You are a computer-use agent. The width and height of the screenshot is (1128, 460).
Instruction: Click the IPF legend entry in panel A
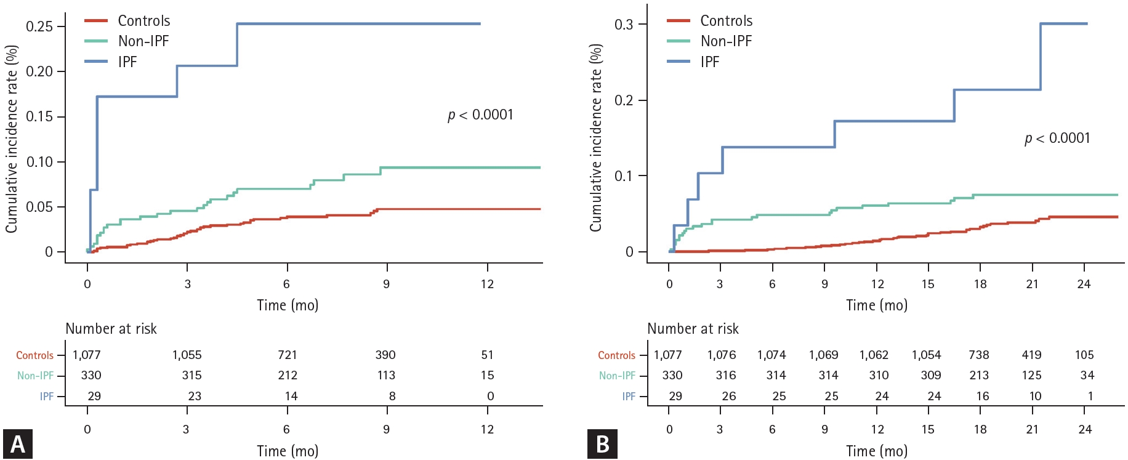click(x=127, y=62)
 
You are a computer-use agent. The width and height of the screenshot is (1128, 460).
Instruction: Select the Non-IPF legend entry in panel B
click(x=726, y=41)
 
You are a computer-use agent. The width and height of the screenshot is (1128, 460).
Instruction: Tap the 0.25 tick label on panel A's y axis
click(x=39, y=26)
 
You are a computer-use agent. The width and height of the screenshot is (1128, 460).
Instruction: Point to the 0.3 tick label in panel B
click(x=623, y=25)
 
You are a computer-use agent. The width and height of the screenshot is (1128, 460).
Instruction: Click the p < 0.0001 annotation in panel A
click(x=480, y=115)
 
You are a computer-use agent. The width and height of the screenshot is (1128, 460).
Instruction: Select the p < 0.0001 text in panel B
click(x=1057, y=138)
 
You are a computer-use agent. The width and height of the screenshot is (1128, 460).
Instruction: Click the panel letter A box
click(x=17, y=444)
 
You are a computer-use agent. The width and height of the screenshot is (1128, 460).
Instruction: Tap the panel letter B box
click(x=602, y=444)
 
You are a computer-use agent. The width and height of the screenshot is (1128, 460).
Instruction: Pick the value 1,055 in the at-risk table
click(x=187, y=355)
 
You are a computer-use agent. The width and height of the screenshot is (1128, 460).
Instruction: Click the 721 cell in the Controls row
click(x=287, y=355)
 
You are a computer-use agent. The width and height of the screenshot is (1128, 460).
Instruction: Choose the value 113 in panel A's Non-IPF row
click(x=386, y=376)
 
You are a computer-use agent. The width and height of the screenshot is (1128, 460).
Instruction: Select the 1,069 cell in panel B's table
click(x=823, y=355)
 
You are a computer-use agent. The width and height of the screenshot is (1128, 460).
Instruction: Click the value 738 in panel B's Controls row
click(x=978, y=355)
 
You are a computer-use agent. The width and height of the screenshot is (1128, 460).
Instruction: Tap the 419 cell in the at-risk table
click(x=1031, y=355)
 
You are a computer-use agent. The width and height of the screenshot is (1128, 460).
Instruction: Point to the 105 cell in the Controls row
click(x=1084, y=355)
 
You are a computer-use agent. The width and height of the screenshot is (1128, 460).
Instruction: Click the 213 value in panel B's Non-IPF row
click(x=978, y=376)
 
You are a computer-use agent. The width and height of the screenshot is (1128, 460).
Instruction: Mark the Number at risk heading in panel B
click(x=693, y=329)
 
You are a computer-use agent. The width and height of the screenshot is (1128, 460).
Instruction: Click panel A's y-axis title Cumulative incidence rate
click(x=11, y=139)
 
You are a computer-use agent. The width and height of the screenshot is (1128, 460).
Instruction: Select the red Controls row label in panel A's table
click(x=34, y=355)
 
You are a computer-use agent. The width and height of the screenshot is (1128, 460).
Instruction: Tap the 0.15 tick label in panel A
click(x=39, y=117)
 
